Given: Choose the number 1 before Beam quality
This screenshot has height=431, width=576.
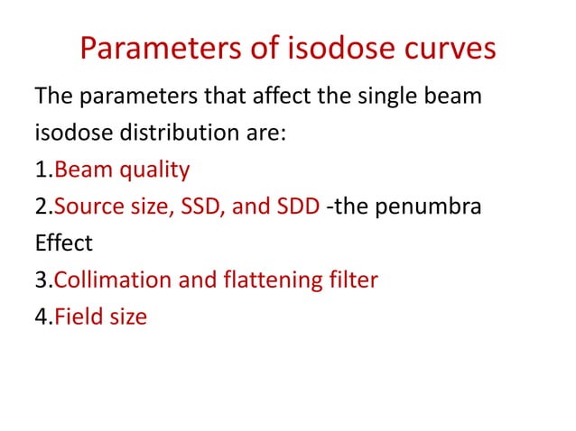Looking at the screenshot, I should coord(40,170).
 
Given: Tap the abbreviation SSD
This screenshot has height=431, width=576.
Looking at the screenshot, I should coord(199,206).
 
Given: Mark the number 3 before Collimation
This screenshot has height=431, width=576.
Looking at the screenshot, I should coord(41,280).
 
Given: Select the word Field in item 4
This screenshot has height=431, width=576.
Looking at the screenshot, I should coord(77,317).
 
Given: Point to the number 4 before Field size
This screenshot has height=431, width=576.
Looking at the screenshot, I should coord(41,317).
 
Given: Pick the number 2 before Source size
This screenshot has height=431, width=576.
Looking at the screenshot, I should coord(41,206).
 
